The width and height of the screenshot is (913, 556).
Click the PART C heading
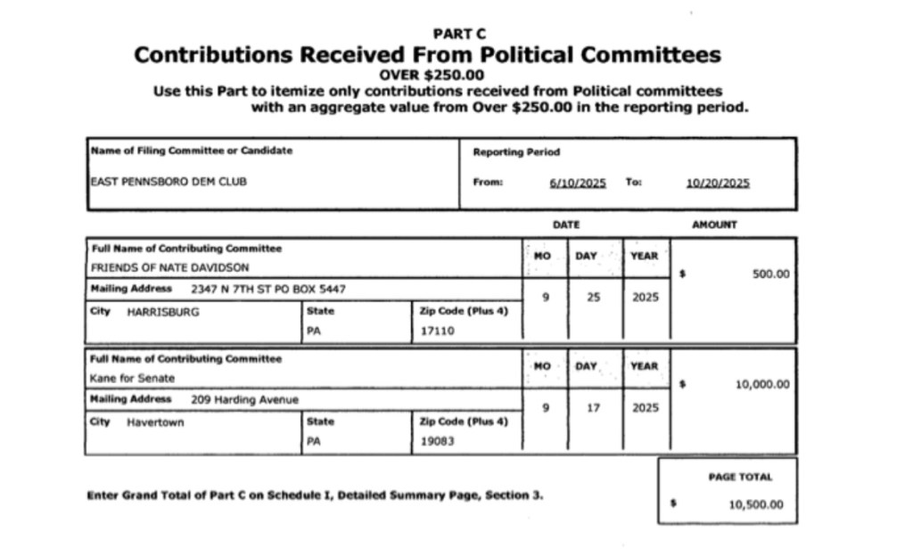pos(459,34)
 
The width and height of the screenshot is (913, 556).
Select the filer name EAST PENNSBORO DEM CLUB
pos(169,182)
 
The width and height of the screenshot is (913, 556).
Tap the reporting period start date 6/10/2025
pos(578,183)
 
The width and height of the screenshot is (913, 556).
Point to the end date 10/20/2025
pos(718,183)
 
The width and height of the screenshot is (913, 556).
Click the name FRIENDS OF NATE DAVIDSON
pos(169,266)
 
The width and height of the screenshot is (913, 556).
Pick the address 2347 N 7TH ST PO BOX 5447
pos(268,289)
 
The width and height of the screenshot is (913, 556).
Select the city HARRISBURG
pos(163,312)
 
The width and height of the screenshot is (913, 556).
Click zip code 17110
pos(436,330)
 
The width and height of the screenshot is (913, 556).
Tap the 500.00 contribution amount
pos(771,274)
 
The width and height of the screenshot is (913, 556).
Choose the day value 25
pos(594,297)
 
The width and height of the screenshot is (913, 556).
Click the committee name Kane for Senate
pos(132,378)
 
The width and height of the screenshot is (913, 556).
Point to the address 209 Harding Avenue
pos(244,399)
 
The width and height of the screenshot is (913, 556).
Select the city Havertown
pos(155,422)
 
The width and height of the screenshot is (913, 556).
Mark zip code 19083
pos(436,440)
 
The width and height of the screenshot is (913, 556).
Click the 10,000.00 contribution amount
pos(762,385)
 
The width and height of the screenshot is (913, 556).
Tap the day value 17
pos(594,407)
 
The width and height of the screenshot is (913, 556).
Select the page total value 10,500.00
pos(756,504)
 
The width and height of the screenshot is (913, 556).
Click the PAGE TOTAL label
pos(740,477)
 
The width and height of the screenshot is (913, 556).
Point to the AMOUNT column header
pos(714,225)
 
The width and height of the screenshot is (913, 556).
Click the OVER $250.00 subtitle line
pos(432,75)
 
